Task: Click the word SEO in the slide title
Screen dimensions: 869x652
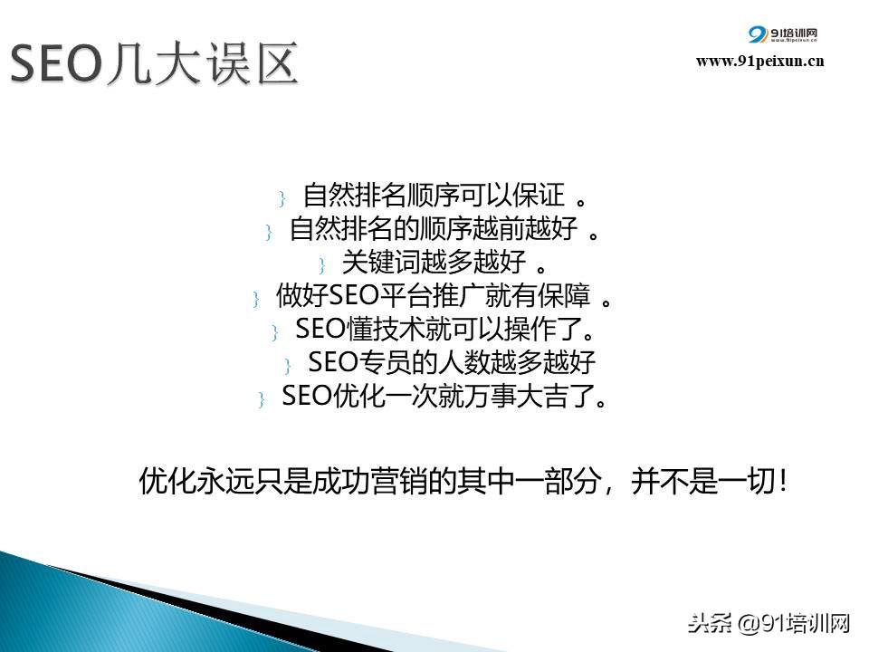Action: pyautogui.click(x=56, y=64)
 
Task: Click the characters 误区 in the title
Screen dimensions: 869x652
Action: pyautogui.click(x=252, y=64)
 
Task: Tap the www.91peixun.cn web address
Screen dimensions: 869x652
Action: pyautogui.click(x=759, y=61)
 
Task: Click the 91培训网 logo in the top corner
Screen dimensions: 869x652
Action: pyautogui.click(x=782, y=34)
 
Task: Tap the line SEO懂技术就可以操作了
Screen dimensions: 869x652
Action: pyautogui.click(x=444, y=329)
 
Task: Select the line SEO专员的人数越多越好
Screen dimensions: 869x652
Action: pyautogui.click(x=452, y=362)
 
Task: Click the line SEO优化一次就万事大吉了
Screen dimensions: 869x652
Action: pyautogui.click(x=444, y=396)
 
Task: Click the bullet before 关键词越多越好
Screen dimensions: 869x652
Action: pyautogui.click(x=322, y=265)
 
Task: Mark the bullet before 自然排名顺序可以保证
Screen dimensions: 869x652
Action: pyautogui.click(x=282, y=198)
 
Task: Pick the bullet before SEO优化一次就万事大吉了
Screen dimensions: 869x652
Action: pyautogui.click(x=262, y=399)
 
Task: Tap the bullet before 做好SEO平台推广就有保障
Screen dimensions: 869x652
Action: pyautogui.click(x=256, y=299)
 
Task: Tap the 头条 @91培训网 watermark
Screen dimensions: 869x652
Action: pyautogui.click(x=769, y=624)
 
